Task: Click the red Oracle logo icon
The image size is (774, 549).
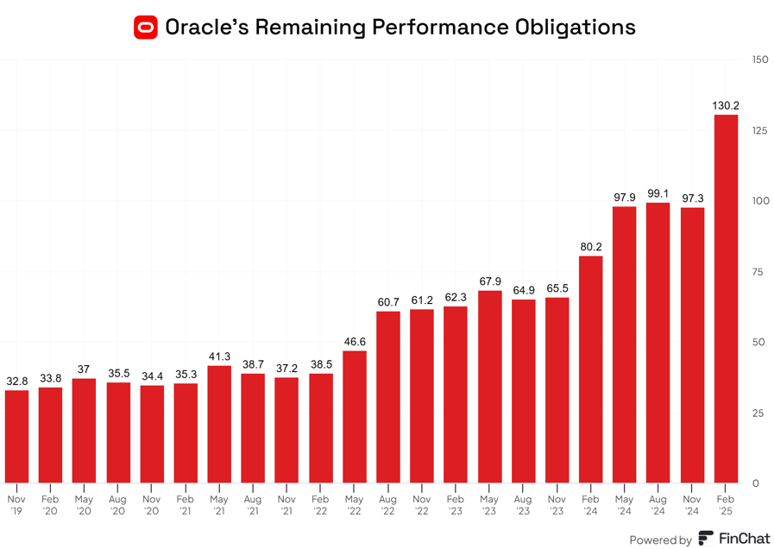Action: tap(146, 27)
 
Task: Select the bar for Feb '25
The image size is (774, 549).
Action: tap(726, 299)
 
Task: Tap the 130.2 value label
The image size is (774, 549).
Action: tap(726, 105)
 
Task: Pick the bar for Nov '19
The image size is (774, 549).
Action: tap(16, 436)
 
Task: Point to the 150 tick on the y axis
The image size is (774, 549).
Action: tap(759, 60)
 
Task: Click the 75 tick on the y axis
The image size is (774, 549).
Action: tap(757, 272)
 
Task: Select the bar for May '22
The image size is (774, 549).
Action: tap(355, 416)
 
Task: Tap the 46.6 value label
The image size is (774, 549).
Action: tap(355, 342)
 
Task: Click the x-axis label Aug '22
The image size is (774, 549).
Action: tap(388, 505)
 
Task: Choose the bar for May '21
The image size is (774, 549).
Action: tap(219, 424)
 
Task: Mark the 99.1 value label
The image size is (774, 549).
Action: tap(658, 193)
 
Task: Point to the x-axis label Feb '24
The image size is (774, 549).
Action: tap(591, 505)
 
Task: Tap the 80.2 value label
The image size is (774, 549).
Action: tap(591, 247)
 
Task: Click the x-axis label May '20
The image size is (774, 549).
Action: tap(84, 505)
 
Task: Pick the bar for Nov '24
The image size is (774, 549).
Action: tap(692, 345)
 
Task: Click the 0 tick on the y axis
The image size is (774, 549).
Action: tap(756, 483)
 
